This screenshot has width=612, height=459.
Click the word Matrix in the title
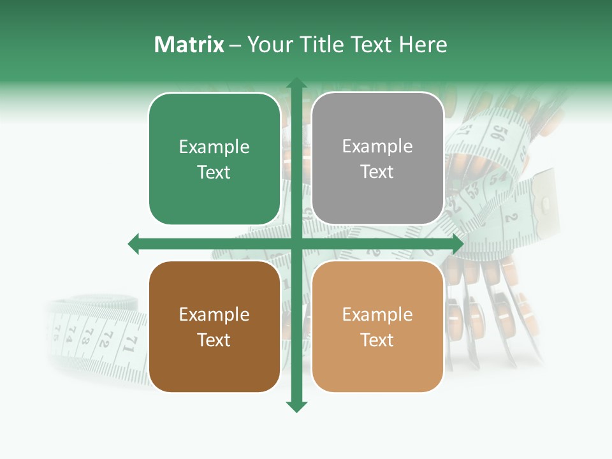pyautogui.click(x=189, y=45)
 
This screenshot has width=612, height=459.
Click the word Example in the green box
pyautogui.click(x=214, y=147)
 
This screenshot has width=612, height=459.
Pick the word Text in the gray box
pyautogui.click(x=377, y=172)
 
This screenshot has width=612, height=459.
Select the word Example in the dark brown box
pyautogui.click(x=214, y=315)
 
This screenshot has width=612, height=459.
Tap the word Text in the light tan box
pyautogui.click(x=377, y=340)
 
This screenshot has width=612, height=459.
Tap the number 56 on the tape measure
pyautogui.click(x=499, y=134)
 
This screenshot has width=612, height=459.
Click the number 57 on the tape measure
pyautogui.click(x=467, y=131)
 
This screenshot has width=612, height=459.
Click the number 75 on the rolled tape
pyautogui.click(x=56, y=331)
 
